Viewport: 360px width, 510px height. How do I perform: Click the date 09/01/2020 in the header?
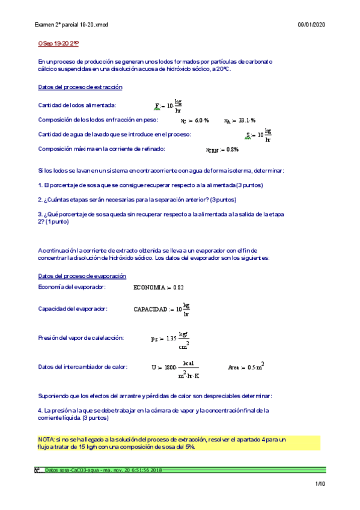[x=311, y=24]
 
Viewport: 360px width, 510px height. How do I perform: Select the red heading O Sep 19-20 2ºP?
[x=58, y=44]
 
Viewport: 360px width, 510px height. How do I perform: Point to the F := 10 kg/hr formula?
[x=168, y=106]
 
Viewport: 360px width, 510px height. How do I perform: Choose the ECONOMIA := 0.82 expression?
[x=159, y=287]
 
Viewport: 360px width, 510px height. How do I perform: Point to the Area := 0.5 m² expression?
[x=246, y=367]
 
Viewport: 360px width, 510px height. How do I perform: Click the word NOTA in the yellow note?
[x=46, y=440]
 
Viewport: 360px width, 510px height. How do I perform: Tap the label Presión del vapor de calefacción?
[x=81, y=338]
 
